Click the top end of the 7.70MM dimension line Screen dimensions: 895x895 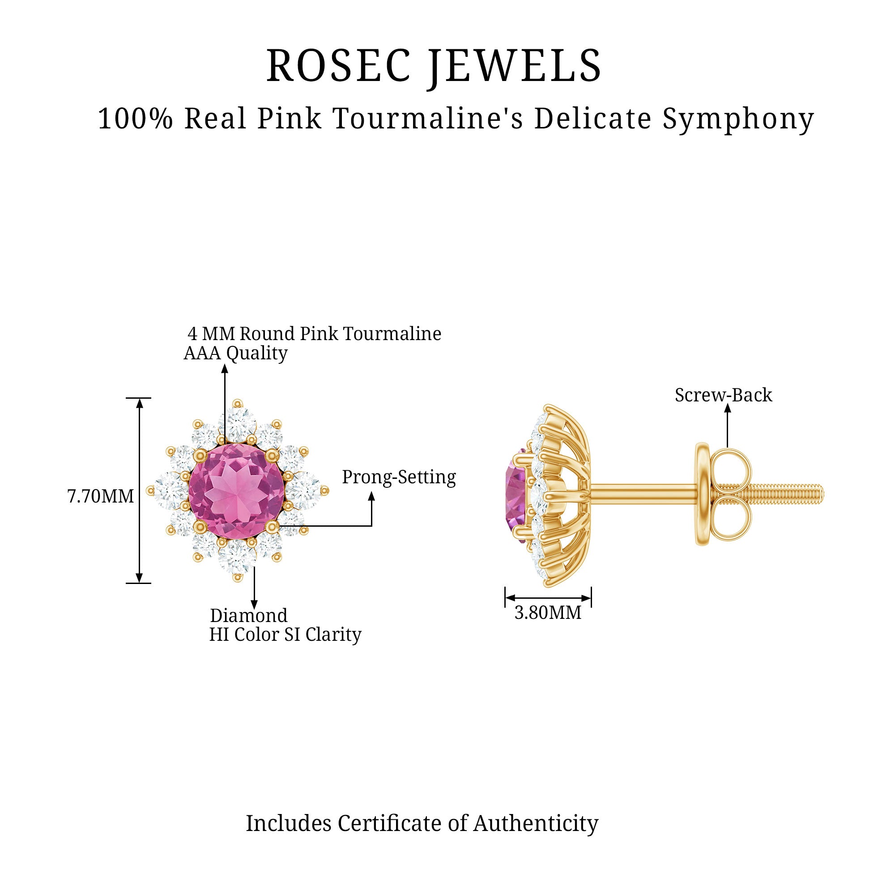[x=139, y=398]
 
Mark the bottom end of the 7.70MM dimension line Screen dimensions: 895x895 [x=139, y=583]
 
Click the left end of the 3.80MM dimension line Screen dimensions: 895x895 [x=505, y=598]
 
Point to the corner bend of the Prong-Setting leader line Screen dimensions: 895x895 [x=371, y=526]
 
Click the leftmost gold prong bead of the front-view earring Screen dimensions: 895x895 [x=150, y=490]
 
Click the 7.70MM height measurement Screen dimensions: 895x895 [x=101, y=496]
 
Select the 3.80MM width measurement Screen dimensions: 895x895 [x=548, y=613]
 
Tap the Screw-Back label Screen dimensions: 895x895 [x=723, y=395]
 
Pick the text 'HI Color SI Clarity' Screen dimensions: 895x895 [x=285, y=635]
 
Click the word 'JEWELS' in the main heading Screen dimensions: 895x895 [x=516, y=66]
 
